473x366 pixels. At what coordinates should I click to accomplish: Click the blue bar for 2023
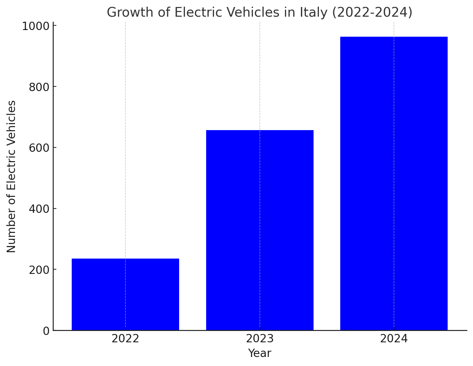[x=260, y=230]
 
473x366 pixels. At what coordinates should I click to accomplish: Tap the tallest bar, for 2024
[x=394, y=184]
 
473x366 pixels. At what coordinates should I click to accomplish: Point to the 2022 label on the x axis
[x=125, y=339]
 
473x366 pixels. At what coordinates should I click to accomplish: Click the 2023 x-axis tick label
[x=260, y=339]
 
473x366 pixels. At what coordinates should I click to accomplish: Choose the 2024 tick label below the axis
[x=394, y=339]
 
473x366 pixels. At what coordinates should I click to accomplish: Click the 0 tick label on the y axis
[x=46, y=331]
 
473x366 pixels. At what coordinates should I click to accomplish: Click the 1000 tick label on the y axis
[x=36, y=26]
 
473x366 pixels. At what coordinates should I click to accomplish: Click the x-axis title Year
[x=260, y=353]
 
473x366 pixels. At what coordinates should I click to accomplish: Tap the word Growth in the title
[x=125, y=13]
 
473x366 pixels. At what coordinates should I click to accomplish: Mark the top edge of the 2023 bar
[x=260, y=130]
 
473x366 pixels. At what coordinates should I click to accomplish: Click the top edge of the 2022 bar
[x=125, y=259]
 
